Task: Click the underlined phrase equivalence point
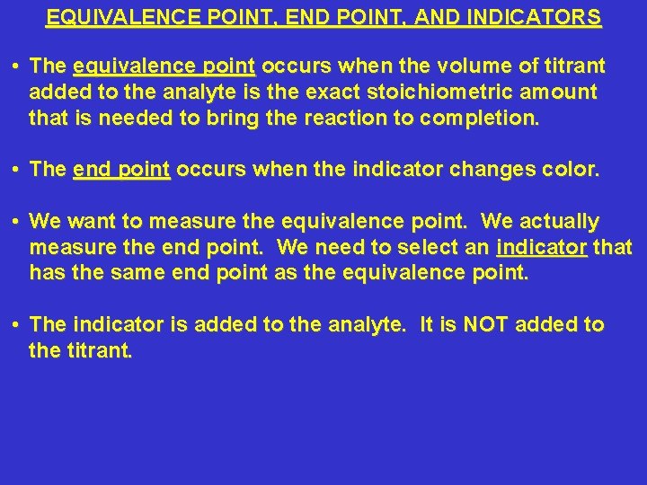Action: click(x=164, y=66)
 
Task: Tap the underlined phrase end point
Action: click(x=121, y=169)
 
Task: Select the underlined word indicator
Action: click(x=541, y=246)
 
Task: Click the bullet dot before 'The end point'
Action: click(x=17, y=169)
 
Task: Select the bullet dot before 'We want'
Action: click(x=17, y=221)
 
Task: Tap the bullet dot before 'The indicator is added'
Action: click(x=17, y=324)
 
